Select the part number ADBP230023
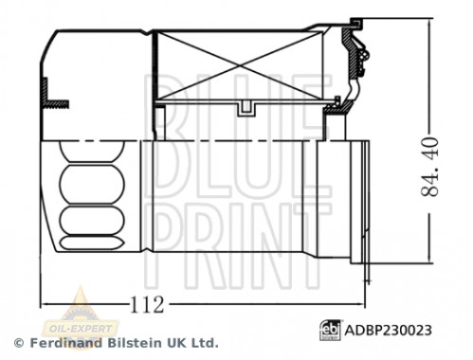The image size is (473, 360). click(387, 331)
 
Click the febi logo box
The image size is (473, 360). click(329, 331)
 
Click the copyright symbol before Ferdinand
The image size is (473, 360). click(18, 342)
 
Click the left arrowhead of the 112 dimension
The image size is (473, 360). click(45, 305)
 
